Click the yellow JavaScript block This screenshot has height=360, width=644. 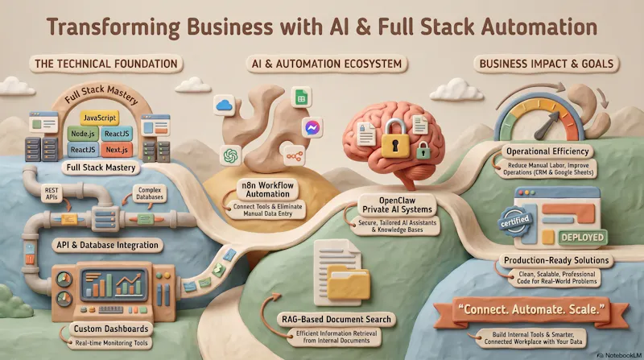pos(99,118)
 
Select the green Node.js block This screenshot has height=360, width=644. pos(83,134)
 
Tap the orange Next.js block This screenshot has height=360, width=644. pos(117,150)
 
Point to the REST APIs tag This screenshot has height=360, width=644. pos(52,193)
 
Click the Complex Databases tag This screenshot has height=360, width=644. pos(150,193)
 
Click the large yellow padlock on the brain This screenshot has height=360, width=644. pos(395,139)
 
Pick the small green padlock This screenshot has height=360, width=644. pos(423,151)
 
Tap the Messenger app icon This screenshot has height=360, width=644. pos(312,128)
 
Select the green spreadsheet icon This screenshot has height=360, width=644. pos(301,97)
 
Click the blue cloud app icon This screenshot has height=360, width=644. pos(225,106)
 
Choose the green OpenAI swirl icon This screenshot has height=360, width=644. pos(231,155)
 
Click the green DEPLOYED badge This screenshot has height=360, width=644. pos(582,238)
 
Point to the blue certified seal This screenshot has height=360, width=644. pos(515,222)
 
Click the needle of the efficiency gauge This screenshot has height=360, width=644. pos(547,125)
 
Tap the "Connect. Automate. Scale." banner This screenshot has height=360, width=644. pos(530,310)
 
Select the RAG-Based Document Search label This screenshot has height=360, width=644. pos(336,319)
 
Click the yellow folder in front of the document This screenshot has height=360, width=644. pos(349,282)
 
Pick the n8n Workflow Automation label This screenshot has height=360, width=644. pos(268,190)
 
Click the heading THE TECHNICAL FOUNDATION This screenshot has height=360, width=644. pos(106,64)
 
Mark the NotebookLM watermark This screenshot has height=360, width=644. pos(619,355)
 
